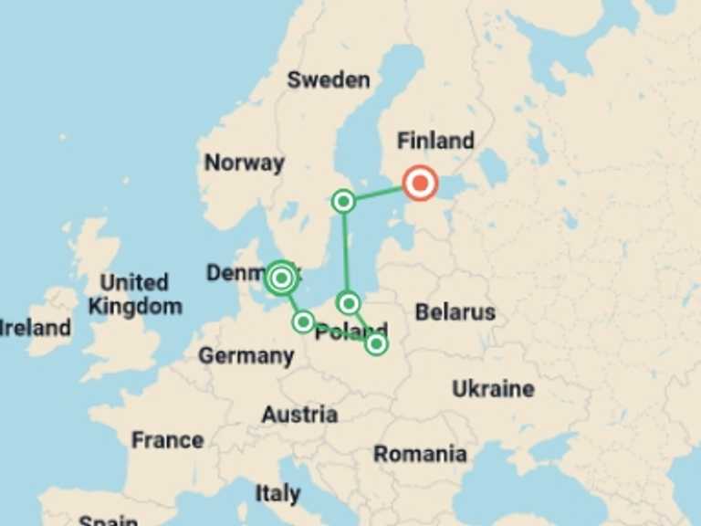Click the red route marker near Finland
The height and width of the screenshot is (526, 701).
(420, 184)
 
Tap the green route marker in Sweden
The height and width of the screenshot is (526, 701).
(343, 201)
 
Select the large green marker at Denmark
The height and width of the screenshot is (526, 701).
(281, 278)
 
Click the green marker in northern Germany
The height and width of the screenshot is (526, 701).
(303, 321)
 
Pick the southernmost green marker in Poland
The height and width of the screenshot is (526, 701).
(376, 344)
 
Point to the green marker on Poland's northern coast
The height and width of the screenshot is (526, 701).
(348, 302)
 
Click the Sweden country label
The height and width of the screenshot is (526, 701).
(329, 79)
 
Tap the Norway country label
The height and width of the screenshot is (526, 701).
(244, 163)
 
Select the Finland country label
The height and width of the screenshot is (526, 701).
(435, 141)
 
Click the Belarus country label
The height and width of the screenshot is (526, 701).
(455, 312)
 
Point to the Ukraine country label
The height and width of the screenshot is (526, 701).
(493, 389)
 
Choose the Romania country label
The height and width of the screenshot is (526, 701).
(420, 454)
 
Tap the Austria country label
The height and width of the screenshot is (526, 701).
(299, 415)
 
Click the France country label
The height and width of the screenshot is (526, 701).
(167, 440)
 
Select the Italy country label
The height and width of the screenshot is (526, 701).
(277, 494)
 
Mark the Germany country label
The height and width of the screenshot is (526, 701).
(246, 355)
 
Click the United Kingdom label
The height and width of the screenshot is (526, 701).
(135, 294)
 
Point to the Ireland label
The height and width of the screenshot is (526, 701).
(35, 327)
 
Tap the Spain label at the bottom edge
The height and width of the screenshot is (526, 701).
(108, 521)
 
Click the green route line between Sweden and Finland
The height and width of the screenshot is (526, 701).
(379, 193)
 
